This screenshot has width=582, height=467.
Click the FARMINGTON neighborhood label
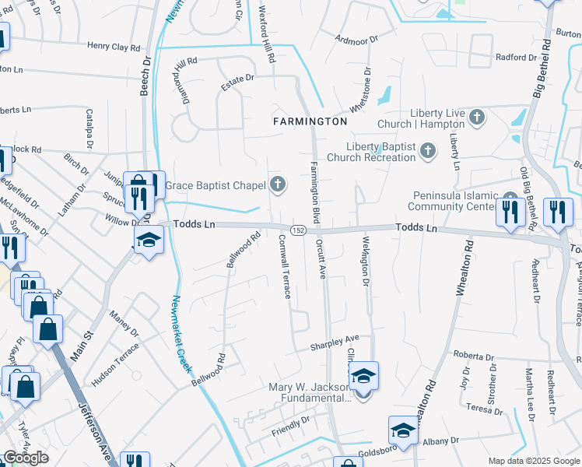310,121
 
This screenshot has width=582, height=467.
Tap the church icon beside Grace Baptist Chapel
278,184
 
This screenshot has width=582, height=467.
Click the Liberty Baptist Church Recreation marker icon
427,151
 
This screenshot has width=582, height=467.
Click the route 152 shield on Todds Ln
298,230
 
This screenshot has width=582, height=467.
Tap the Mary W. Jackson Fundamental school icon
363,376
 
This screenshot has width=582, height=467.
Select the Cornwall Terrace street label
284,268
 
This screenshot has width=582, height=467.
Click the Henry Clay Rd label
118,47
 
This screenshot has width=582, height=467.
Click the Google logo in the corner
26,458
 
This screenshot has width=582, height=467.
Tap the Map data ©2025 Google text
533,461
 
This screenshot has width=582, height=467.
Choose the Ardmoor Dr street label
355,37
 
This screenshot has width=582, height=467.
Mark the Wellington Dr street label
363,261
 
